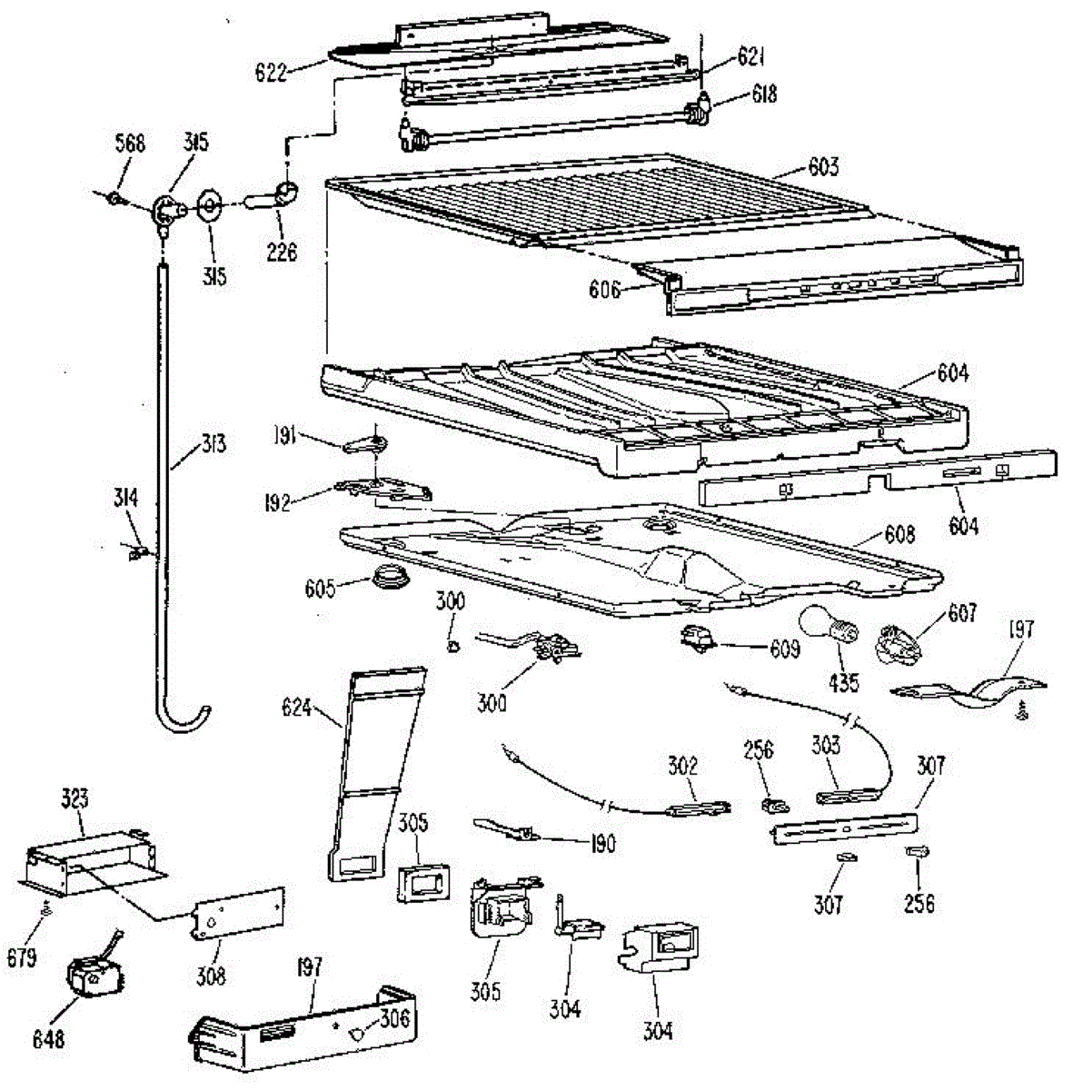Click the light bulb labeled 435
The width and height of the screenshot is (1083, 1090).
point(826,628)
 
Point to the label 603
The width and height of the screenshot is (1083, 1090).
point(823,167)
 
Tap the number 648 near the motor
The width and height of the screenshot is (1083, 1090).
point(48,1038)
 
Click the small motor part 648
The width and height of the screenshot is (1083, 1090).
point(91,980)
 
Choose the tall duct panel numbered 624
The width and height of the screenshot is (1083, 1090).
point(373,772)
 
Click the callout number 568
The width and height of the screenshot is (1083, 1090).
point(130,144)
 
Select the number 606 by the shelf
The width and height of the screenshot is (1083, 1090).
point(604,290)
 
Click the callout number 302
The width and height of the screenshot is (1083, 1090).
point(682,765)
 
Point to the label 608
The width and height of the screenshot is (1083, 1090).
point(899,533)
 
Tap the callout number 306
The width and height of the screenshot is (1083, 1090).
point(394,1018)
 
